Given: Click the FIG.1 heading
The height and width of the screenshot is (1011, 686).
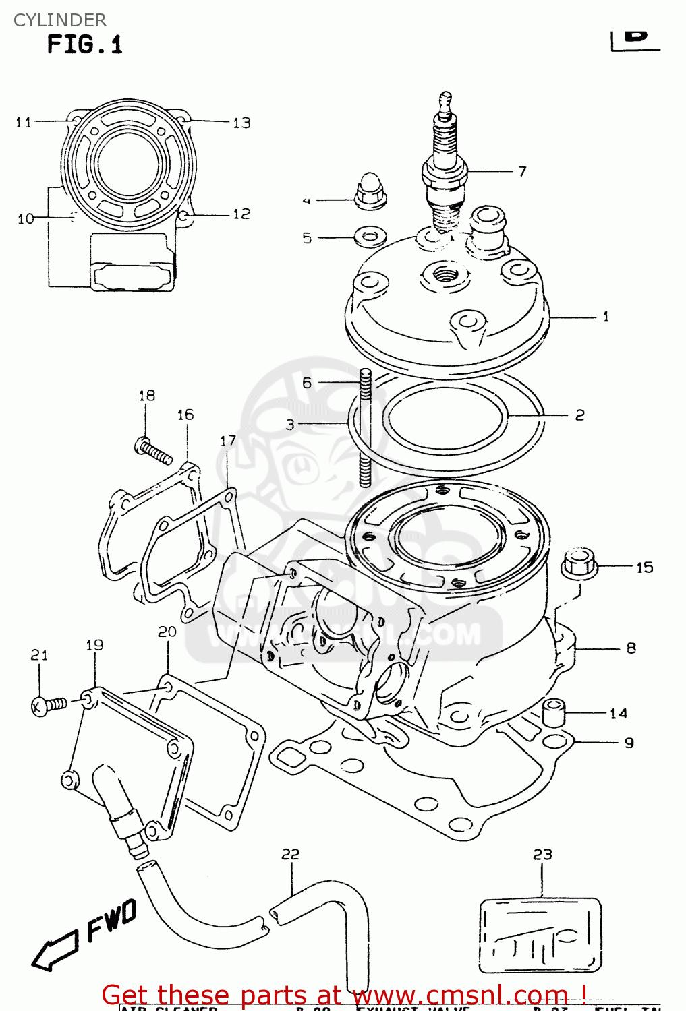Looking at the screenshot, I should (x=84, y=45).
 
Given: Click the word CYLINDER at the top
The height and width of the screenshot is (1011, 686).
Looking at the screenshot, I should (x=59, y=20).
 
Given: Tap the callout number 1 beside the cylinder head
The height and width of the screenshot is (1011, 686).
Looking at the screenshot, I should (x=605, y=316).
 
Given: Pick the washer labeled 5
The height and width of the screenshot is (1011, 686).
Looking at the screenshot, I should (x=370, y=237).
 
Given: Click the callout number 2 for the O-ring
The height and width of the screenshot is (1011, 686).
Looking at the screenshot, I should (x=579, y=415).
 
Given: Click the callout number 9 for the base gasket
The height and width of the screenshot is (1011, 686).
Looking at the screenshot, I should (x=629, y=743).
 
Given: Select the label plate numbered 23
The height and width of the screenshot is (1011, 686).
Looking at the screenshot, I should (x=540, y=936).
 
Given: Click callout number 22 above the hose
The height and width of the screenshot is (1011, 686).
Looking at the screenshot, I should (x=290, y=854).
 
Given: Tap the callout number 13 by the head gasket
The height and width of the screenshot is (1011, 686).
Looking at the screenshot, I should (x=241, y=123).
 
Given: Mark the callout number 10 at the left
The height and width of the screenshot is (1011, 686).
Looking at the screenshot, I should (x=25, y=218).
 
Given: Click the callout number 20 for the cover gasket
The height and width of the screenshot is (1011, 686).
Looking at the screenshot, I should (x=167, y=632).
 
